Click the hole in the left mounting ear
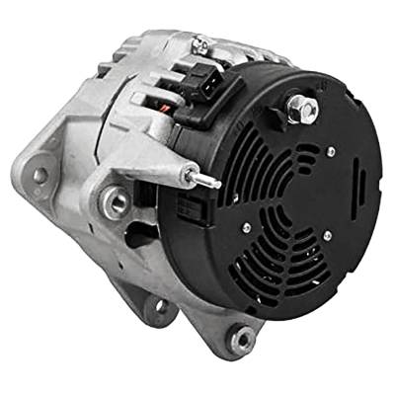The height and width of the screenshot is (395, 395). tap(40, 176)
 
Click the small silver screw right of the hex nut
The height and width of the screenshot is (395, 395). tap(329, 150)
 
